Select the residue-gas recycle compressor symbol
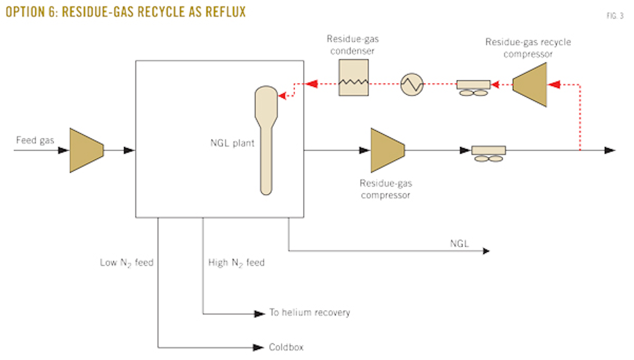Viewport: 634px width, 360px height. point(530,84)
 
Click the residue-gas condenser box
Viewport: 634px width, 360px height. point(353,77)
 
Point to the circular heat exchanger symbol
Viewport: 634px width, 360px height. point(412,84)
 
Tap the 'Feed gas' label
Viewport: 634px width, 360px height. point(35,141)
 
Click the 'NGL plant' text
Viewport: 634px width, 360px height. point(232,143)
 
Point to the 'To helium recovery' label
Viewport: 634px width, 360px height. point(310,312)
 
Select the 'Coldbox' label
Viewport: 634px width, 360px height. point(286,347)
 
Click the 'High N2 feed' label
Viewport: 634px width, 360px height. point(236,263)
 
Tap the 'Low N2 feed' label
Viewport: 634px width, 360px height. point(127,263)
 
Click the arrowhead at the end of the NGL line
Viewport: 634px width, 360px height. point(486,251)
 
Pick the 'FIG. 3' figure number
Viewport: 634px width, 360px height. point(615,16)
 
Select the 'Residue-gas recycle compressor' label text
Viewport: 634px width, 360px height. point(528,48)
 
